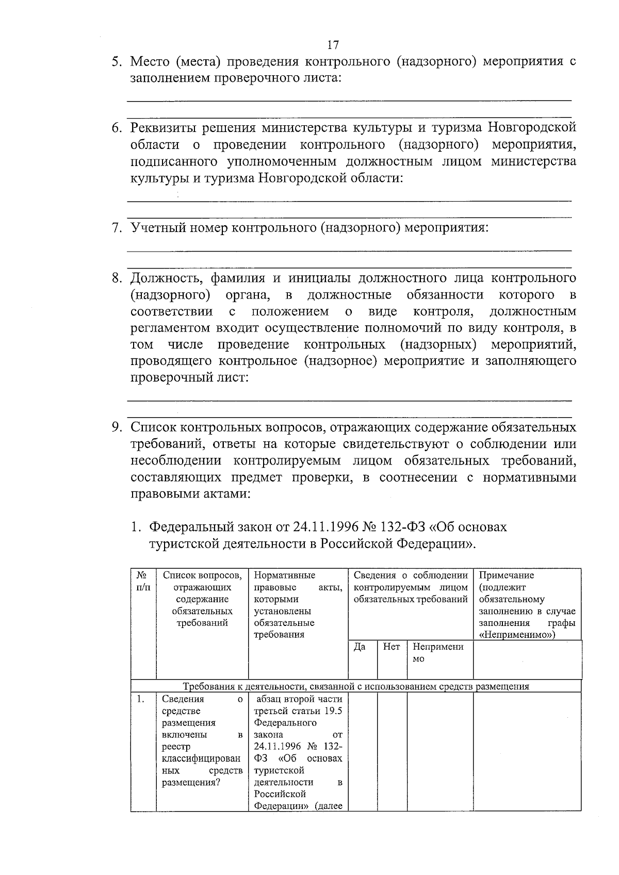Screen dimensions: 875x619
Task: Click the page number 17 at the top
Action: coord(333,45)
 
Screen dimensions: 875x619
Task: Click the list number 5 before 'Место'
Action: coord(118,62)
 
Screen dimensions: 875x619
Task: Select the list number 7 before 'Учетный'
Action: coord(118,227)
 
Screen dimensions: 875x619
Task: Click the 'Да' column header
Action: coord(360,647)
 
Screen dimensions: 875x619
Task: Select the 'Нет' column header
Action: coord(392,647)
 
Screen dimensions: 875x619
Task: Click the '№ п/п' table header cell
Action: coord(143,581)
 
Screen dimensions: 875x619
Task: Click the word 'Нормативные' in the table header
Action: coord(284,575)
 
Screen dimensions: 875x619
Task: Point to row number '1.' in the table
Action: coord(140,699)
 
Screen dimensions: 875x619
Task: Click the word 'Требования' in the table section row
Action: coord(208,686)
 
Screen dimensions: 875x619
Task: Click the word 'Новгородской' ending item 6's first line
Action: coord(532,128)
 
